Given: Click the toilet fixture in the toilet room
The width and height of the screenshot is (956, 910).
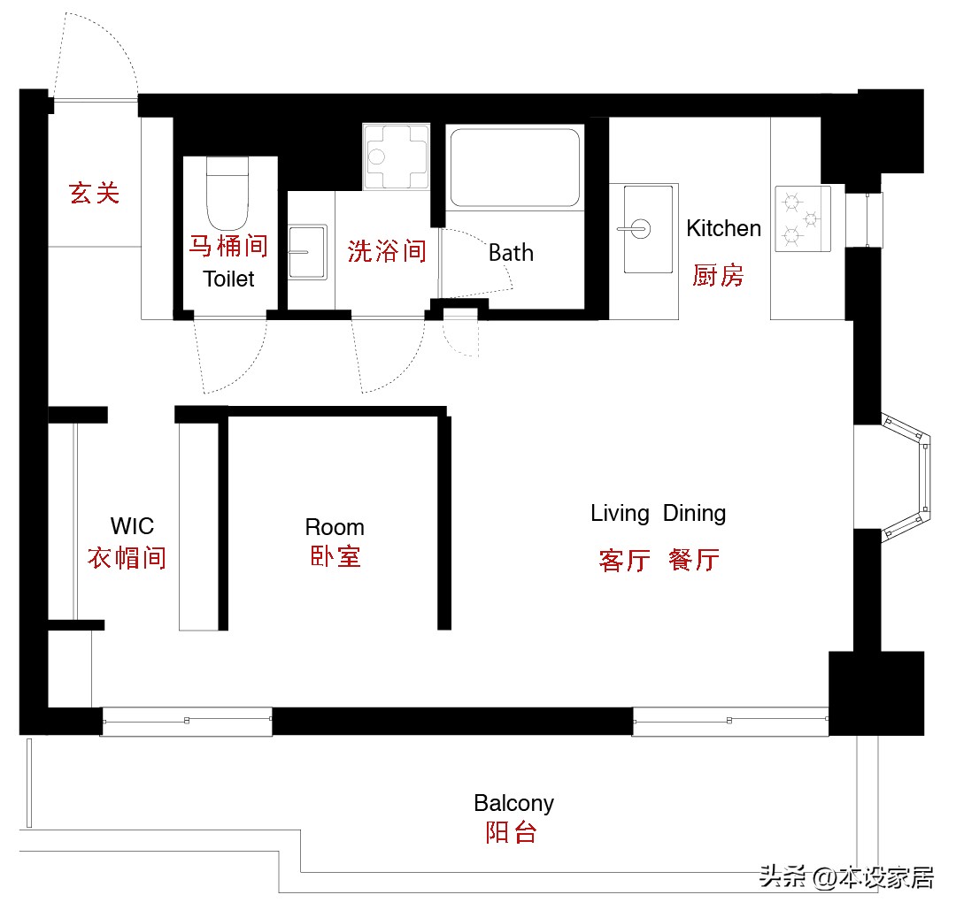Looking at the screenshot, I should point(229,193).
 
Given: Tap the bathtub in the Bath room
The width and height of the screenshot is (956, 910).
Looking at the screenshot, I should point(514,167).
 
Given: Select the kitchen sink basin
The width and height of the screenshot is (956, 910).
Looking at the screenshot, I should point(644,228).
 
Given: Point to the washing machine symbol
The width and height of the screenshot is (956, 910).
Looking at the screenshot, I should point(396,157).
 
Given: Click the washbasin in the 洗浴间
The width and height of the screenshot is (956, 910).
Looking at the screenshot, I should point(307,252).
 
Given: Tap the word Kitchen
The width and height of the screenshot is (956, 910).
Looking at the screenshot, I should point(723,228).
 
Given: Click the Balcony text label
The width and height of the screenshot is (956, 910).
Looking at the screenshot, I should point(513,803).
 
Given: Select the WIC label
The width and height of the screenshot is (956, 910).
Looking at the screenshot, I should point(132,526).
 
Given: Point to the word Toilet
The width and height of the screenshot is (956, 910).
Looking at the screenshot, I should point(228,279).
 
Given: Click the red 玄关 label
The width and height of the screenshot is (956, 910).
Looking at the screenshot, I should point(95,193).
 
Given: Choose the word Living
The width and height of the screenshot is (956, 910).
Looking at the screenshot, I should point(620,513).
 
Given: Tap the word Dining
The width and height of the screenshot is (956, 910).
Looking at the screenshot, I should point(694,513).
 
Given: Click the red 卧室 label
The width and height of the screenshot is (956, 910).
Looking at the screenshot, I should point(335,556).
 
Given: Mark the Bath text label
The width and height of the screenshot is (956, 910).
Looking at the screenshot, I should point(511,253).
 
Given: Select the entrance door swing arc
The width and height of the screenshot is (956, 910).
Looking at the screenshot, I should point(96,49).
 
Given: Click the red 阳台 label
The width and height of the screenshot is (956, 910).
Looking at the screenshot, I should point(511,832).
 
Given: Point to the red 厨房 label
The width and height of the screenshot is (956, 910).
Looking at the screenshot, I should point(718,275).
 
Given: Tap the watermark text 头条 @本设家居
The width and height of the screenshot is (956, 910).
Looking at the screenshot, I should point(846,877).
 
